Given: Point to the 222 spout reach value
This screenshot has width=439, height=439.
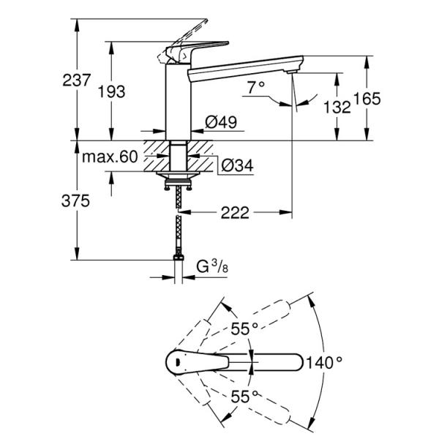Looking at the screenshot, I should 236,213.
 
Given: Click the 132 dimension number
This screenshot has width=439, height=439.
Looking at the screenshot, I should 337,107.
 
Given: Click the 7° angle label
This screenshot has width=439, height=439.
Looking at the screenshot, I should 255,87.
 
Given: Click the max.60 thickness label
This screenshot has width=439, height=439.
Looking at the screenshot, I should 110,157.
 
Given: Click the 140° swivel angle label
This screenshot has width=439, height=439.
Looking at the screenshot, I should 325,361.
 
